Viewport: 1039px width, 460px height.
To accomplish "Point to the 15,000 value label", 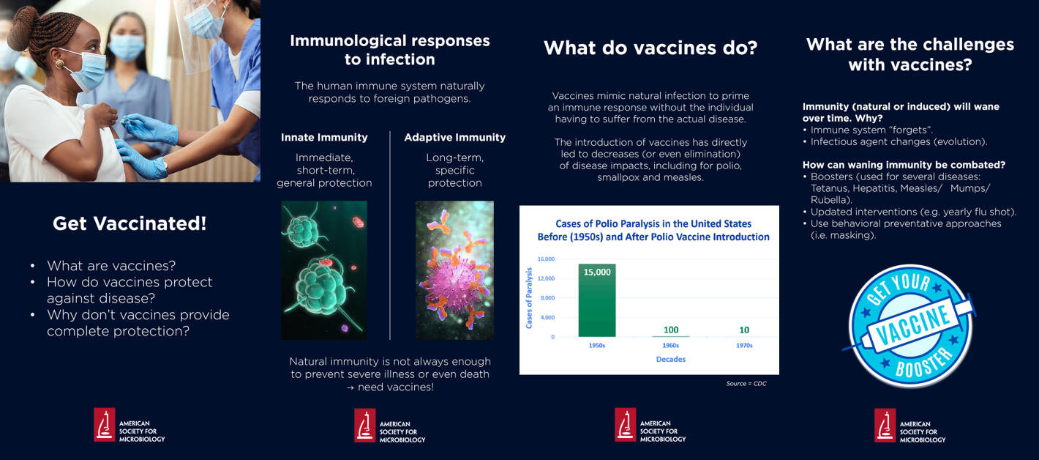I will coord(597,272).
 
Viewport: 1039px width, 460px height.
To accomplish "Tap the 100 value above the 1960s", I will coord(671,330).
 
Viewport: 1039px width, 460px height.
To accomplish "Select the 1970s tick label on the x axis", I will coord(744,346).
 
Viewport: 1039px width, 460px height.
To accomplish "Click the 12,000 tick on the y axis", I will coord(546,278).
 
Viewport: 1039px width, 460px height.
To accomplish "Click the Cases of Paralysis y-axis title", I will coord(529,297).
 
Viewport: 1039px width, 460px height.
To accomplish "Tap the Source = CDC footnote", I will coord(746,384).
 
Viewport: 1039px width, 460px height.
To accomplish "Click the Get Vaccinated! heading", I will coord(130,224).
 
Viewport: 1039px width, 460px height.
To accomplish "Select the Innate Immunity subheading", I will coord(324,137).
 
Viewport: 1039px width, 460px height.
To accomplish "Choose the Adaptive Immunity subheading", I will coord(454,137).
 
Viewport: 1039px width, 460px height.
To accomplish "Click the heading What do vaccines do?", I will coord(650,48).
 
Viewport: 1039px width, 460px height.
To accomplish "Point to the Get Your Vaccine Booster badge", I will coord(910,326).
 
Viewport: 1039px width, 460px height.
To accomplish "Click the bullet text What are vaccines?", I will coord(111,266).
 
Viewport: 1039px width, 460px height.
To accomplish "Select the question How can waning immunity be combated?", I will coord(904,165).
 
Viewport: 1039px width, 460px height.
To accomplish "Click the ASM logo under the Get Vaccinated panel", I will coord(130,426).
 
